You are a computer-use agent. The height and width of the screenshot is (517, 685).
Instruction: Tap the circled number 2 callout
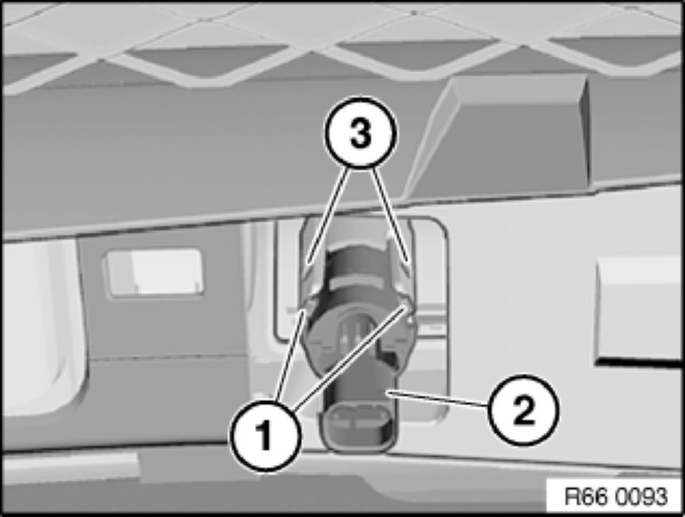click(x=523, y=410)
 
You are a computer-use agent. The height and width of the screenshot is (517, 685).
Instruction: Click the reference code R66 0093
click(x=616, y=497)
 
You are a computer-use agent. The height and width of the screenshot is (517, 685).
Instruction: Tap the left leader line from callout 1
click(x=289, y=354)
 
